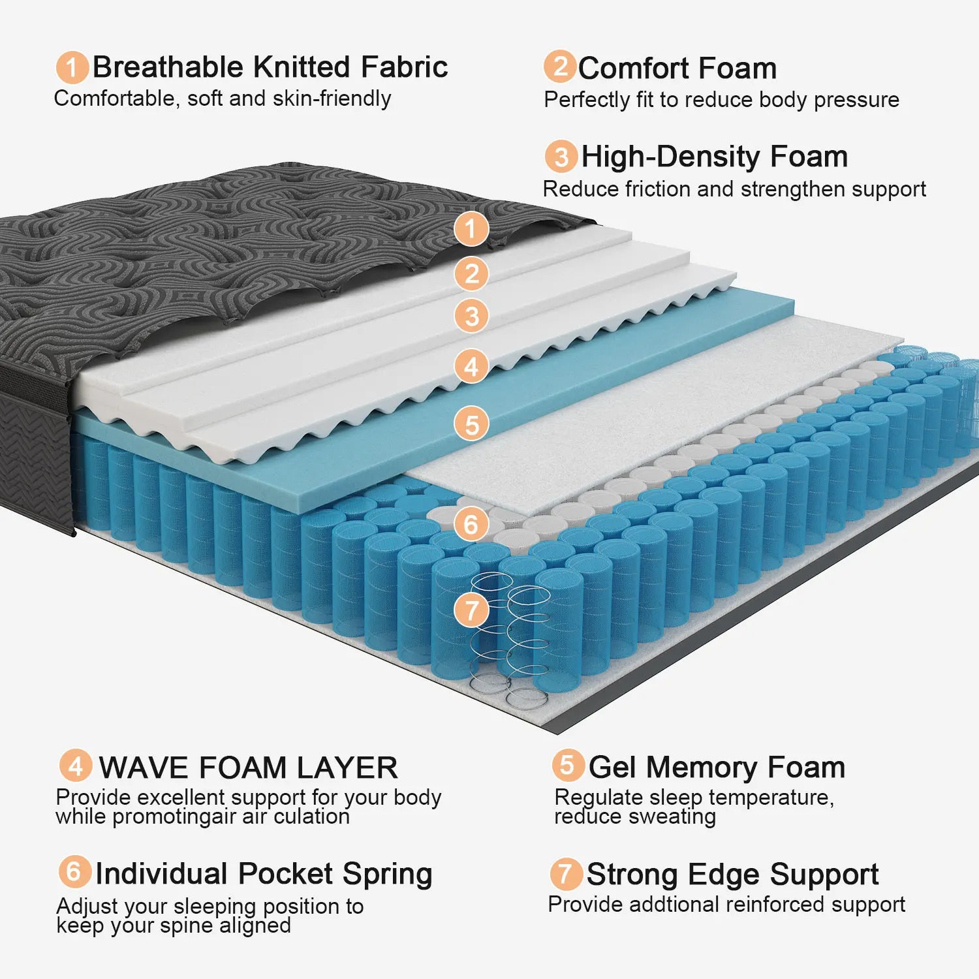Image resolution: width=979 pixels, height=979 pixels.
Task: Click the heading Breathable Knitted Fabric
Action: (270, 67)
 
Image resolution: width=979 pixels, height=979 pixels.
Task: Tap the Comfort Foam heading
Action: (677, 69)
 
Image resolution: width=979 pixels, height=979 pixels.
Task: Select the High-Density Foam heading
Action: (714, 157)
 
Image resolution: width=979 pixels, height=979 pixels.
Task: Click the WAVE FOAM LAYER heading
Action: (248, 768)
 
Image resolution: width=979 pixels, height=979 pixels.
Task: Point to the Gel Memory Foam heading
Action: (716, 767)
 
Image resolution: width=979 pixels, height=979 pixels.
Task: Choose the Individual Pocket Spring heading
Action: (264, 874)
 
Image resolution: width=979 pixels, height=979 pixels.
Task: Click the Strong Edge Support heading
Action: (732, 875)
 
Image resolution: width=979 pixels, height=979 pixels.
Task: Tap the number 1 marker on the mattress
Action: (471, 229)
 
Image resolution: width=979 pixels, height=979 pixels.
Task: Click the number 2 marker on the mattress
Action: (471, 273)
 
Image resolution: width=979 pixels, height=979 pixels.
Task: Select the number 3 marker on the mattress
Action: (471, 316)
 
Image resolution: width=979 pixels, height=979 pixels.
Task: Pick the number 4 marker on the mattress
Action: (471, 367)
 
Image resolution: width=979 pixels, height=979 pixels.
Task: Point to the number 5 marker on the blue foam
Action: (471, 424)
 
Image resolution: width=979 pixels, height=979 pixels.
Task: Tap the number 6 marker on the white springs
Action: (471, 524)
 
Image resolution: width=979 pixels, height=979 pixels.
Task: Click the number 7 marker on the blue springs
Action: (471, 611)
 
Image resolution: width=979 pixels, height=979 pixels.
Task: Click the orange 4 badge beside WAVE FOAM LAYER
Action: (76, 765)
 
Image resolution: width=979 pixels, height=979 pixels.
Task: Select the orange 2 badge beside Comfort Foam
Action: (560, 67)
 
